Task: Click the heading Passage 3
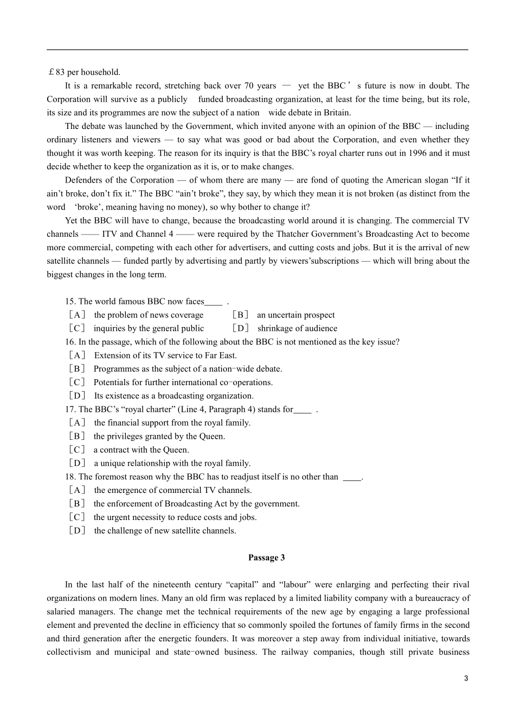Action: coord(266,557)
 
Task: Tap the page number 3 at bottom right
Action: coord(466,679)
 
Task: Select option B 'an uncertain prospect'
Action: coord(295,315)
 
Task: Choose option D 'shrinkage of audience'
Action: coord(297,328)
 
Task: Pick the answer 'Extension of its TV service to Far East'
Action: coord(165,355)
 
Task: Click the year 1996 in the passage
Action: coord(417,153)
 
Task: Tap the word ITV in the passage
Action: coord(110,234)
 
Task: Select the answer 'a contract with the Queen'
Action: coord(141,450)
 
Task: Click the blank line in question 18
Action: coord(352,477)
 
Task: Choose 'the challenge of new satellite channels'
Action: coord(165,530)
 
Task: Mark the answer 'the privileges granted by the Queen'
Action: coord(159,436)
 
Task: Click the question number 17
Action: coord(70,409)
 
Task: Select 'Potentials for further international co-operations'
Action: coord(183,382)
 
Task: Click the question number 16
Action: coord(70,342)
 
